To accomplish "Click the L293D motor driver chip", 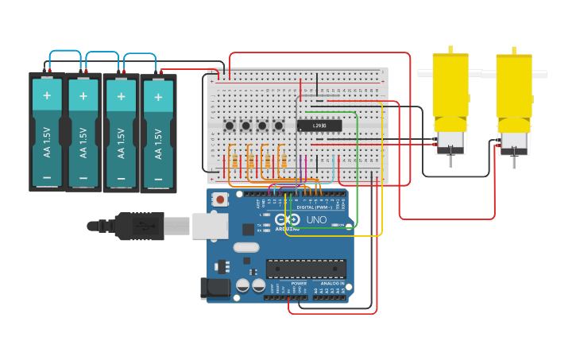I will click(x=319, y=126).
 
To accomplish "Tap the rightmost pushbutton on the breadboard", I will click(x=278, y=126).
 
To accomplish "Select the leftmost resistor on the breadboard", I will click(x=234, y=161).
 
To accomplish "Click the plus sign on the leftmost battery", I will click(x=47, y=95).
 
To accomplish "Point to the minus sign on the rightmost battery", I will click(x=157, y=177).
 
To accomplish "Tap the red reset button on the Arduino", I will click(x=220, y=199).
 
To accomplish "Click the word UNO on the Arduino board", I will click(x=316, y=220).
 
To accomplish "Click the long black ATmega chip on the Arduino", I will click(x=306, y=268).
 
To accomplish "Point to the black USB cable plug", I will click(x=139, y=226).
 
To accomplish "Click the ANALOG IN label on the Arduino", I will click(x=332, y=284).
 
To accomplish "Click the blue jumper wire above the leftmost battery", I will click(x=65, y=54).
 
